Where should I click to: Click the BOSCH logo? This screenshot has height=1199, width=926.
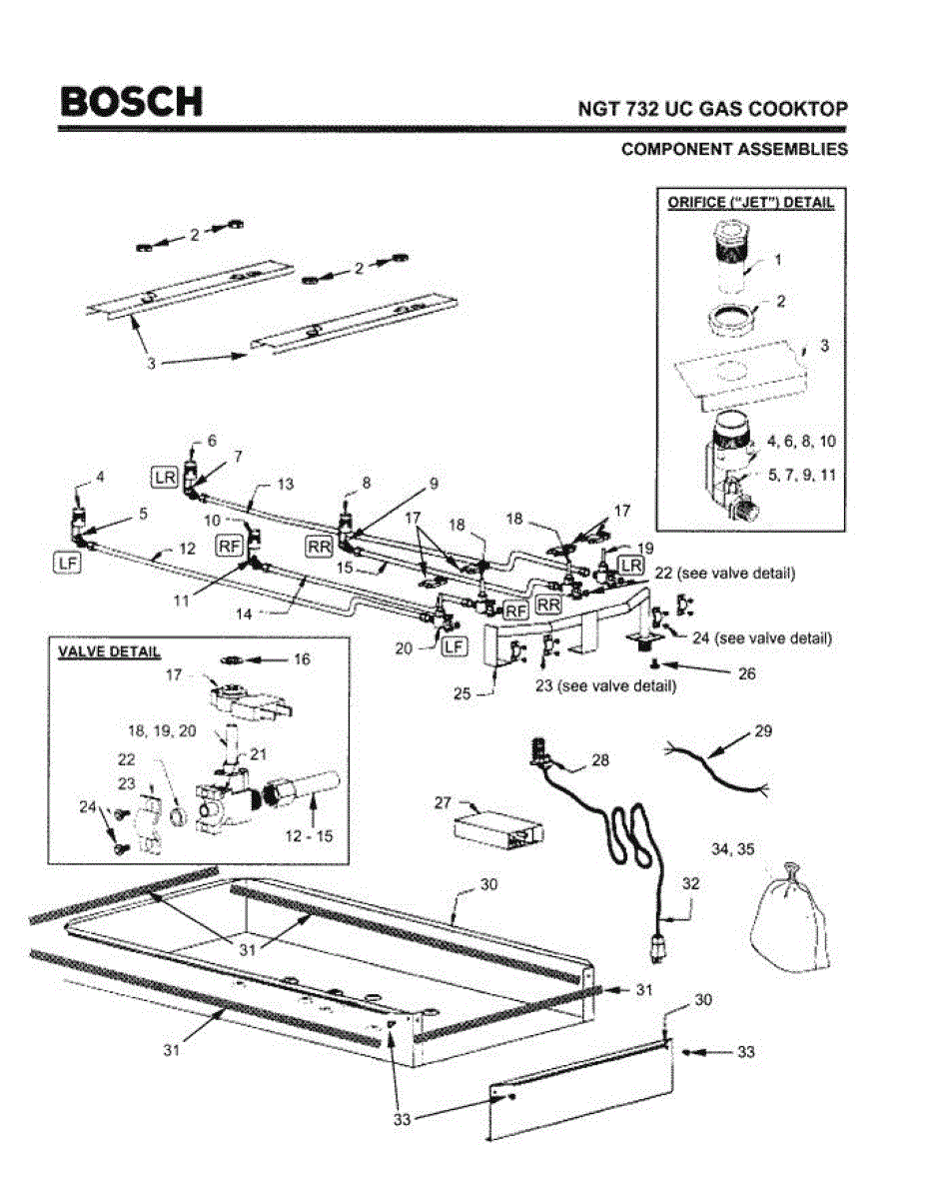click(x=131, y=101)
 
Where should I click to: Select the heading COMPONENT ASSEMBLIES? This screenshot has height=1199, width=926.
click(x=734, y=149)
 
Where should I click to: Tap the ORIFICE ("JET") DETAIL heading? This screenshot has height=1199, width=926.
click(x=749, y=202)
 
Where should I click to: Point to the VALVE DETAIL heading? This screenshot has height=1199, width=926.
click(x=109, y=651)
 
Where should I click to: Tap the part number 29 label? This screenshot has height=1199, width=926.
click(x=762, y=733)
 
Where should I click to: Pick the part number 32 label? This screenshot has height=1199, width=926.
click(x=691, y=883)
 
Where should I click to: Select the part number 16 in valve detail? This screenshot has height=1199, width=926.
click(x=301, y=658)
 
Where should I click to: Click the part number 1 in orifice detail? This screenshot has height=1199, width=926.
click(x=778, y=258)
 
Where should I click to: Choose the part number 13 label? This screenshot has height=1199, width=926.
click(x=286, y=484)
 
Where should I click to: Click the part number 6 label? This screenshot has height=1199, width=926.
click(x=211, y=441)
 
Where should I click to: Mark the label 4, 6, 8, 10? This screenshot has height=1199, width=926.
click(x=800, y=441)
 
